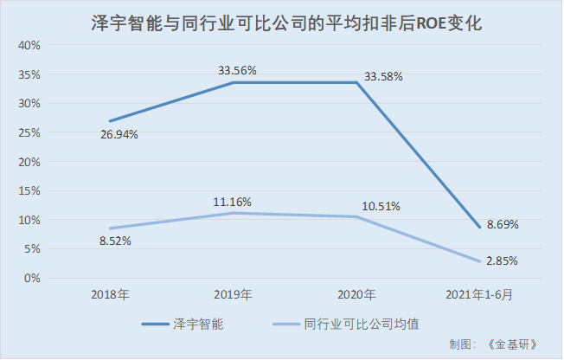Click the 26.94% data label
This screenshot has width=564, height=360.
[x=118, y=134]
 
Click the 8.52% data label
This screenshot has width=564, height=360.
[x=114, y=241]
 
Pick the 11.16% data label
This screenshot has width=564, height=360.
[x=233, y=202]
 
